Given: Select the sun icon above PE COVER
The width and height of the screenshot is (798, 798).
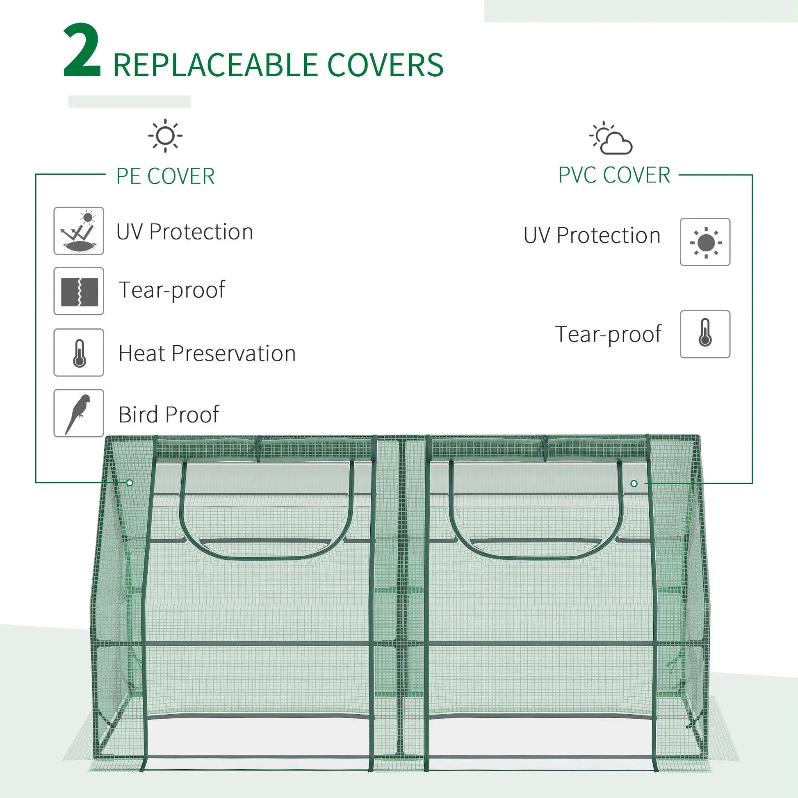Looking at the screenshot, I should click(x=165, y=135).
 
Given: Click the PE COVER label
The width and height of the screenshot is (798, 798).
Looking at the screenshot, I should click(x=165, y=176).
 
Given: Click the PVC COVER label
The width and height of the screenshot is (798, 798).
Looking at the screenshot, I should click(x=614, y=175).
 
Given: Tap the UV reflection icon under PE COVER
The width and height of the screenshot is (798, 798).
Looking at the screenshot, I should click(x=78, y=231).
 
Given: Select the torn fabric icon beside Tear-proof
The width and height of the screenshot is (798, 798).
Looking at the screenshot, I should click(x=78, y=291).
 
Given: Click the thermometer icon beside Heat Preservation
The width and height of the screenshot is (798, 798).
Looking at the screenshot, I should click(x=78, y=352).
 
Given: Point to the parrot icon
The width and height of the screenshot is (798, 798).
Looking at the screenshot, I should click(x=78, y=413).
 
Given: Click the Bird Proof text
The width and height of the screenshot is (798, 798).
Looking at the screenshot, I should click(x=168, y=414).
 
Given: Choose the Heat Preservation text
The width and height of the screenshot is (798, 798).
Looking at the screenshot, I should click(x=207, y=353).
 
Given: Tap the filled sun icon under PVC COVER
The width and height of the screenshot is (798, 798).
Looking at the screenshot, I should click(x=705, y=242).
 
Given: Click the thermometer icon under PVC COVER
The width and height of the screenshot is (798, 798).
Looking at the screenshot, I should click(x=705, y=334).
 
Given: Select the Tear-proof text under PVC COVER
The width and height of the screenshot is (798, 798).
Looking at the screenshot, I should click(x=608, y=334).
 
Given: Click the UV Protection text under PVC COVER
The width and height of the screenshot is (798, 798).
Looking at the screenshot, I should click(x=592, y=235).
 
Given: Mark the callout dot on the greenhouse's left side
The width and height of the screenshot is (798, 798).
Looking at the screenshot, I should click(x=130, y=482).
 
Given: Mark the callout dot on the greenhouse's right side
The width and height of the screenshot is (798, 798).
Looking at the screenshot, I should click(x=634, y=483).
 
